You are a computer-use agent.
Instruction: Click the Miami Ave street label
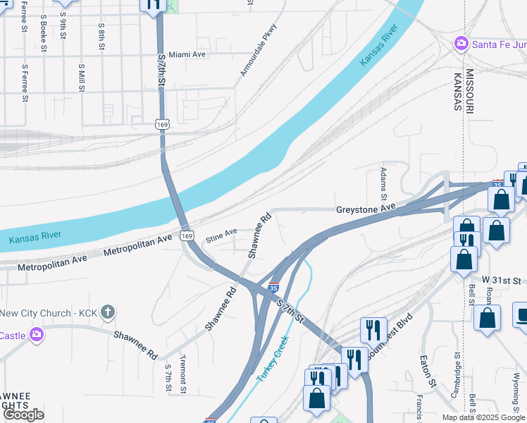click(x=187, y=54)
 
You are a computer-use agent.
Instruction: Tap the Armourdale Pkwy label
click(x=259, y=50)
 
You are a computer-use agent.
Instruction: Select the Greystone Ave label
click(x=366, y=209)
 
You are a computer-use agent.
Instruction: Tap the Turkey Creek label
click(x=273, y=359)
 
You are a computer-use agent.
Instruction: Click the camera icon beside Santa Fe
click(x=461, y=44)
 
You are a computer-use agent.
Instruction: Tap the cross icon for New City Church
click(x=107, y=312)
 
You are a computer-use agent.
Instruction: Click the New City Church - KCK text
click(x=49, y=312)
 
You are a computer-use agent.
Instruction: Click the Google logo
click(x=23, y=415)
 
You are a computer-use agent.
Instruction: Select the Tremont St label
click(x=183, y=374)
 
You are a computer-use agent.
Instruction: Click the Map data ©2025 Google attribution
click(x=483, y=417)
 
